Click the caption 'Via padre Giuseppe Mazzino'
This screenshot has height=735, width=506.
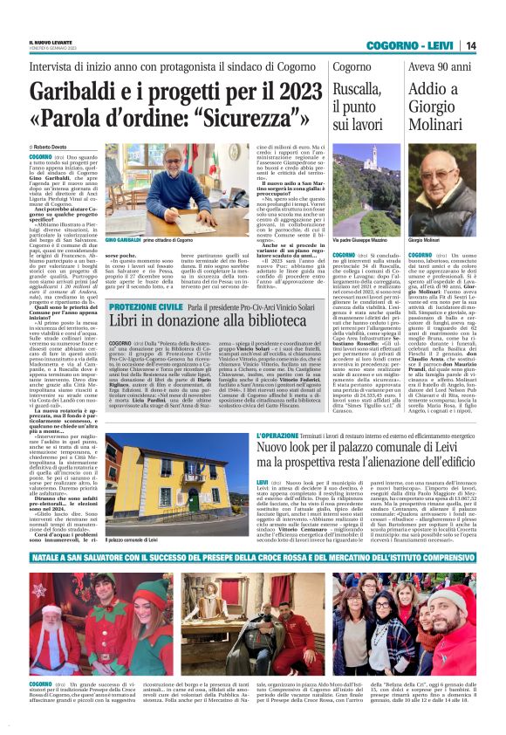tap(359, 239)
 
